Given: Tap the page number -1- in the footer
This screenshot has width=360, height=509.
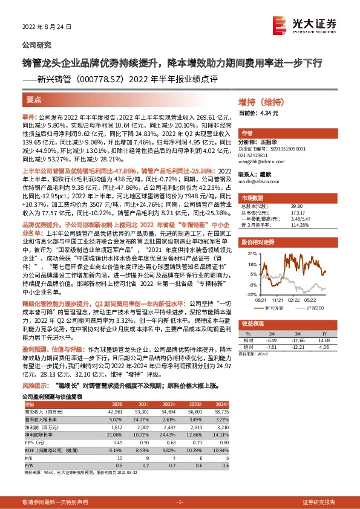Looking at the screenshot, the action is click(x=179, y=503).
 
